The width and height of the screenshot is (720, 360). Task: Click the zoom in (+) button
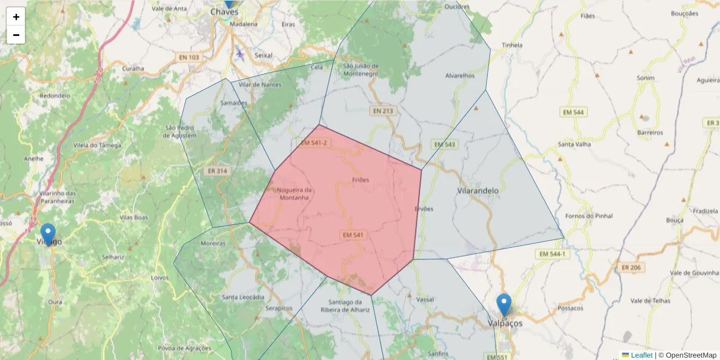(x=16, y=17)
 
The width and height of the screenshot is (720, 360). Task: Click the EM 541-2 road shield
(x=313, y=143)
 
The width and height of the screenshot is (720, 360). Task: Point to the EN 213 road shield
(x=382, y=111)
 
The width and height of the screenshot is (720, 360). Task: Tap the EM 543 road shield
(x=445, y=145)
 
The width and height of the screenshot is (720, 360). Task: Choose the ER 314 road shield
(x=217, y=171)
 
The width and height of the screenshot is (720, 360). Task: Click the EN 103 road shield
(x=189, y=58)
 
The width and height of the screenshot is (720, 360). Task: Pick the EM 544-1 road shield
(x=552, y=254)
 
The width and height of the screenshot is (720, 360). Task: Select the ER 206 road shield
(x=632, y=268)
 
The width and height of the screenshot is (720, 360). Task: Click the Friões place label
(x=361, y=179)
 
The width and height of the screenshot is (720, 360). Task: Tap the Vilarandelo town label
(x=478, y=190)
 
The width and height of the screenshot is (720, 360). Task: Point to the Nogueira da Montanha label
(x=295, y=194)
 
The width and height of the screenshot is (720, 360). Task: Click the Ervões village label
(x=423, y=209)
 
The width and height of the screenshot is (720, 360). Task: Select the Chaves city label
(x=224, y=12)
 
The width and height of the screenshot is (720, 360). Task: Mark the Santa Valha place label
(x=574, y=144)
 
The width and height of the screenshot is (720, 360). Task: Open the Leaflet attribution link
(x=641, y=355)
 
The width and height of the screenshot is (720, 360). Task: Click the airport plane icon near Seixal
(x=241, y=54)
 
